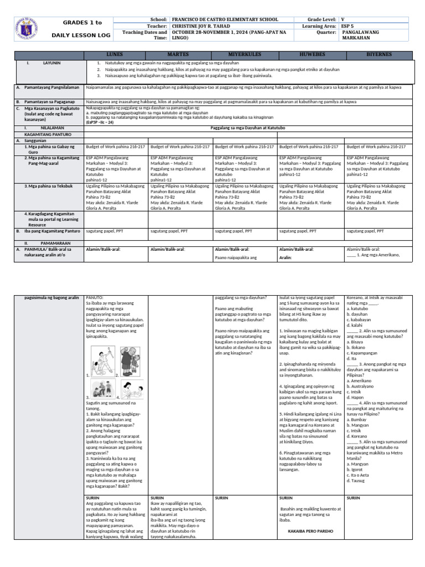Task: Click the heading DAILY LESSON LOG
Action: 83,35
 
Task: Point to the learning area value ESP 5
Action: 349,26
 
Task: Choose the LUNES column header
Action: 116,55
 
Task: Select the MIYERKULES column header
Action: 244,55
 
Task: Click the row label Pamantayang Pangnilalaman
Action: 51,87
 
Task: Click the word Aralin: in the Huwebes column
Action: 286,257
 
